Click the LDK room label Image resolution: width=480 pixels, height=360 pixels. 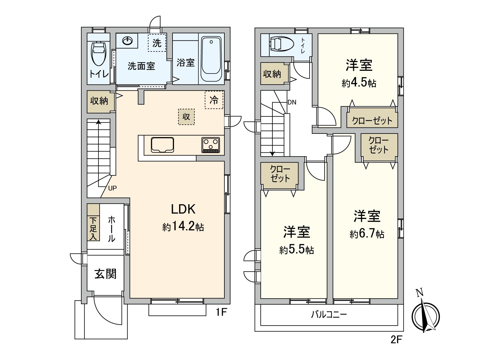(x=183, y=209)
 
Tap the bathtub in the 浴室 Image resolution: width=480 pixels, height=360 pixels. (x=211, y=59)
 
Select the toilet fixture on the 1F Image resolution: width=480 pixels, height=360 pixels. (x=99, y=53)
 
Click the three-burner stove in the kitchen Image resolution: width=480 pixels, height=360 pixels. (x=211, y=145)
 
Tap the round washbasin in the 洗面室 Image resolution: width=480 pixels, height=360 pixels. (x=128, y=40)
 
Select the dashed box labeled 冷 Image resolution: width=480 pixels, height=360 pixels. (x=214, y=100)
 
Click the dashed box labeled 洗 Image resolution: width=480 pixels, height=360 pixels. (x=157, y=43)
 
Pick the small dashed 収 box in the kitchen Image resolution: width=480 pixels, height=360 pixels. (x=186, y=116)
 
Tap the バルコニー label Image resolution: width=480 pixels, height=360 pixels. (x=329, y=315)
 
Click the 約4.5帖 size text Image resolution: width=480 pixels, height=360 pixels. (x=359, y=83)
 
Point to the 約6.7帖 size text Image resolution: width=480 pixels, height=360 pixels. (x=367, y=234)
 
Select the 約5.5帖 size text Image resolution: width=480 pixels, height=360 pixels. (x=296, y=250)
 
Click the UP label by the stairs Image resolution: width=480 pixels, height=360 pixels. (x=112, y=188)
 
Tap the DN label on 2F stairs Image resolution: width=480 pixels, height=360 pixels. (x=292, y=102)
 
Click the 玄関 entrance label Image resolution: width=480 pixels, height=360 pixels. (x=105, y=274)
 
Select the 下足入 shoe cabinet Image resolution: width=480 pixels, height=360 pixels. (x=93, y=228)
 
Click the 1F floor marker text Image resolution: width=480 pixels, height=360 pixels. (x=221, y=313)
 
